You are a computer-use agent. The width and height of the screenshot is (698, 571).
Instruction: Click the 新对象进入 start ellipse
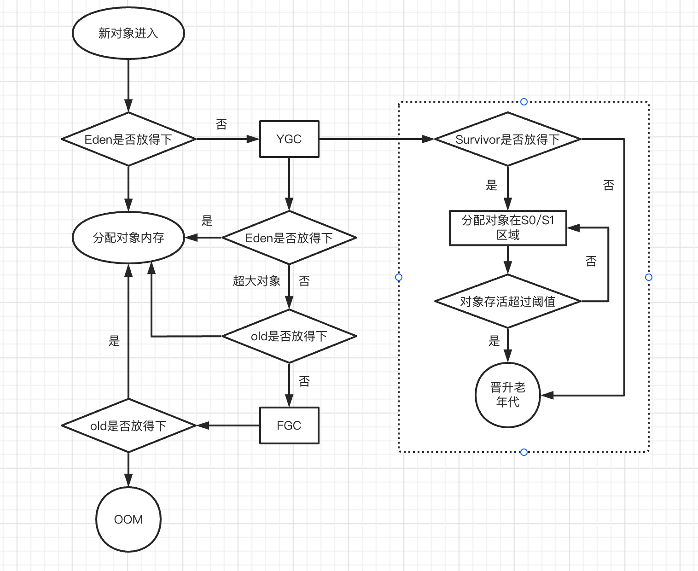click(128, 33)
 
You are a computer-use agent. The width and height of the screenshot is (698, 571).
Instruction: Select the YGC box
click(289, 139)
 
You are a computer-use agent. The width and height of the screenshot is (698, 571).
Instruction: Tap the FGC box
click(289, 425)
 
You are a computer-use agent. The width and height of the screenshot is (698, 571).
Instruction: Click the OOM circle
click(128, 519)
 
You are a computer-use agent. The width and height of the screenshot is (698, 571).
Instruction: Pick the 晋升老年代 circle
click(507, 395)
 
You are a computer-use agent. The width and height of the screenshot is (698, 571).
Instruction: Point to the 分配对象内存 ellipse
click(128, 238)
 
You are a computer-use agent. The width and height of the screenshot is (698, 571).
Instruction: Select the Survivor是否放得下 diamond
click(507, 139)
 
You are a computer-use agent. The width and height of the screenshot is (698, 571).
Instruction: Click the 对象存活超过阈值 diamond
click(507, 302)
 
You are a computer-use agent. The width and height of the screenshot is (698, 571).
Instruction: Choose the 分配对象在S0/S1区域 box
click(507, 228)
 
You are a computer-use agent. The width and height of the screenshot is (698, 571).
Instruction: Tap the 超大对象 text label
click(256, 281)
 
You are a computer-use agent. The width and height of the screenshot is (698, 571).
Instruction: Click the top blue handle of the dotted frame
click(524, 102)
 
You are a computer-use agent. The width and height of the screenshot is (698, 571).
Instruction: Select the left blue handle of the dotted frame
click(399, 277)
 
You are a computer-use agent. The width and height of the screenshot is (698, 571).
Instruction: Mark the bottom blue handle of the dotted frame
click(524, 452)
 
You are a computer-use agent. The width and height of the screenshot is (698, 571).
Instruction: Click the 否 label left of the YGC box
click(221, 124)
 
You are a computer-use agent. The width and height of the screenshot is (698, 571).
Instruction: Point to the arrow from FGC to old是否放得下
click(228, 425)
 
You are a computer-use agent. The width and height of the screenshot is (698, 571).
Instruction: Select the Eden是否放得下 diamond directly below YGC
click(289, 238)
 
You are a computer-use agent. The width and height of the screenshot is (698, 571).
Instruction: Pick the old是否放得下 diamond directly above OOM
click(128, 425)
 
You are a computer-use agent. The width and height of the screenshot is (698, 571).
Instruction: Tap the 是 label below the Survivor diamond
click(491, 185)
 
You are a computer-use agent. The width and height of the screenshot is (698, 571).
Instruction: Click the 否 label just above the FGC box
click(304, 381)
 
